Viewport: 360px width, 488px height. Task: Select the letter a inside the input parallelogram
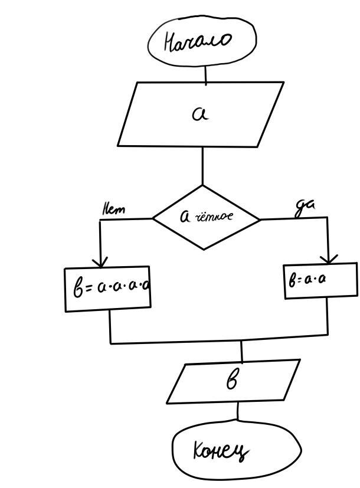point(200,113)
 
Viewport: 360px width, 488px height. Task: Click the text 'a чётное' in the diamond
point(206,217)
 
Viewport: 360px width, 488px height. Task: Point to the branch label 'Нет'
point(114,209)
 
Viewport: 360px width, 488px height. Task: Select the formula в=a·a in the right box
point(307,279)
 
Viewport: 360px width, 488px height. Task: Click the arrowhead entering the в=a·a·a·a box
point(101,261)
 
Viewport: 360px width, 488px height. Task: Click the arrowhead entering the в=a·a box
point(328,258)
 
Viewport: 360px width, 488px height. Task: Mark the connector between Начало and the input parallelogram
point(205,74)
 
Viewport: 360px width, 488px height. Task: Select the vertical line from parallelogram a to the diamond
point(202,166)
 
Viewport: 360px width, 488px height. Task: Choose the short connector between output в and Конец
point(238,411)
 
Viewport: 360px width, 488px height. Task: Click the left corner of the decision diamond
point(153,218)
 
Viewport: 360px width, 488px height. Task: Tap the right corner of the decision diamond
point(260,219)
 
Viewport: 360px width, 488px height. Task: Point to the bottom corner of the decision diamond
point(204,249)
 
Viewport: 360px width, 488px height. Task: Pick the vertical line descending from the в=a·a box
point(328,316)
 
